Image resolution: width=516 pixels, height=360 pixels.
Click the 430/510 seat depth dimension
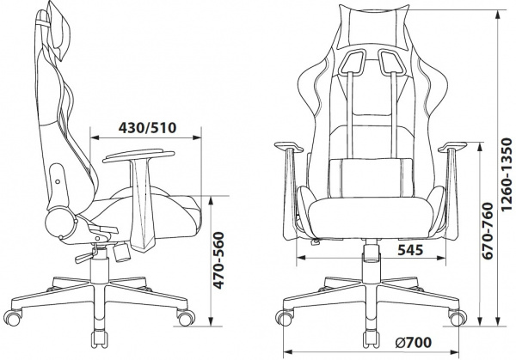[147, 127]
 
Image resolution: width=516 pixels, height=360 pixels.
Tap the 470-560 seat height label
[218, 260]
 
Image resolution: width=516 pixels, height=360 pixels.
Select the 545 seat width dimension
[410, 250]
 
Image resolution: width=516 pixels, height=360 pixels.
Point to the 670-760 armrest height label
[487, 231]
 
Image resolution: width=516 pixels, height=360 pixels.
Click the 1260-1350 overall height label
[507, 174]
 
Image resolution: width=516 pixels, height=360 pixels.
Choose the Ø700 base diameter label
[414, 343]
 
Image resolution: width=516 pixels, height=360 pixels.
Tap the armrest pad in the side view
[138, 156]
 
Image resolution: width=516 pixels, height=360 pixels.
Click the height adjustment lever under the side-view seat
[86, 256]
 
